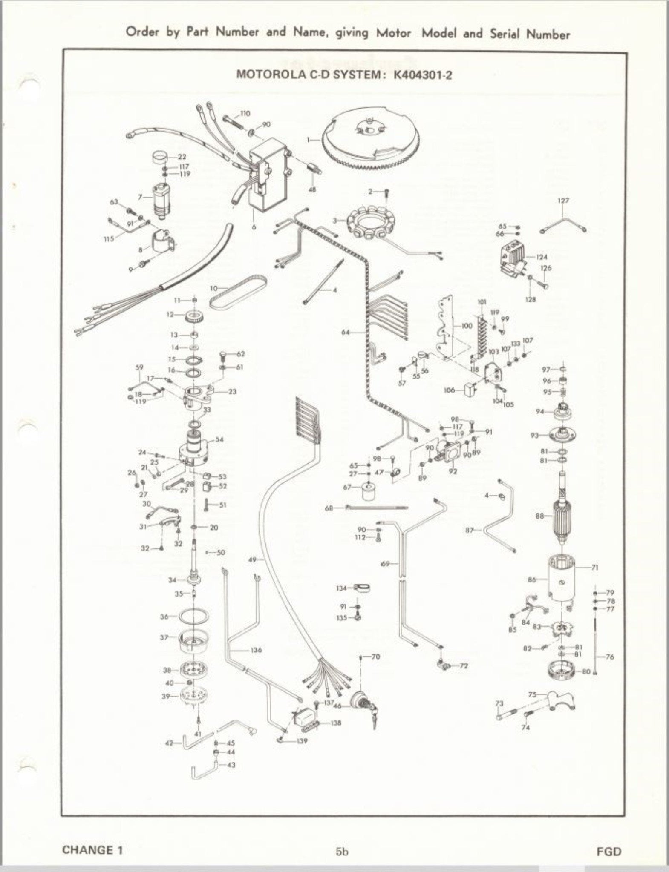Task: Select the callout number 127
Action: click(563, 200)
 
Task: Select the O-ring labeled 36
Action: click(194, 616)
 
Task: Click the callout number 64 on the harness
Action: click(346, 333)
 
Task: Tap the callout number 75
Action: click(532, 694)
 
